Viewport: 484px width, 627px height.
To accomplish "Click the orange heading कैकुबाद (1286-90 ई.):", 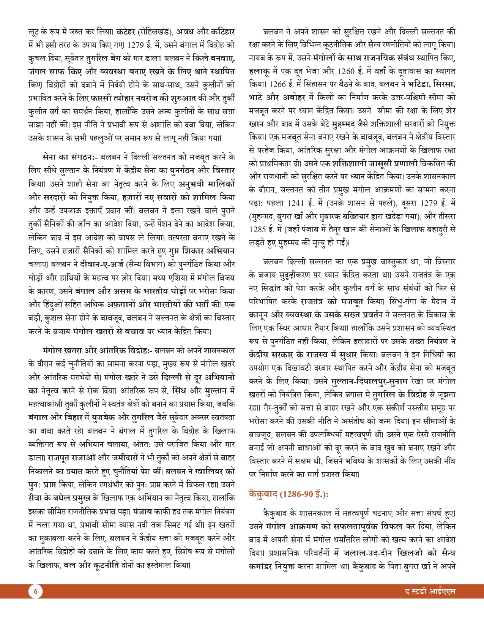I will [x=289, y=494].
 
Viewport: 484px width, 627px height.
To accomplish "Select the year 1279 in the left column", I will [x=136, y=45].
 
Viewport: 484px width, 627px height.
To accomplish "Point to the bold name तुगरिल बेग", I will [x=103, y=58].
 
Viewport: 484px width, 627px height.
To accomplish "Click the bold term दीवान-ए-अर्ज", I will [x=100, y=264].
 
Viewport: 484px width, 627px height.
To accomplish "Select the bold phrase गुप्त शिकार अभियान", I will [x=203, y=251].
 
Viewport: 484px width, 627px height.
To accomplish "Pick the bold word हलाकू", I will [x=260, y=71].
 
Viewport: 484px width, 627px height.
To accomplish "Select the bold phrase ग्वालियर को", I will [x=214, y=472].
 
